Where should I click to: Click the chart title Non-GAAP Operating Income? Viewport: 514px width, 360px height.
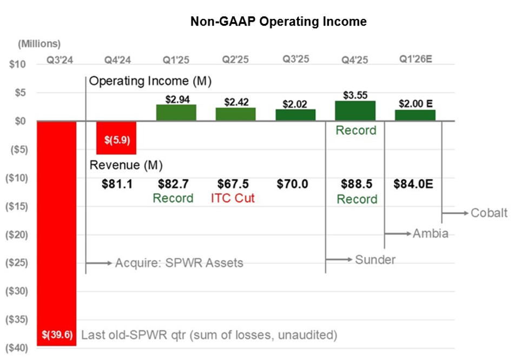click(x=278, y=22)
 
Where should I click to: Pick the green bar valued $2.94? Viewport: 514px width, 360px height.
click(x=176, y=113)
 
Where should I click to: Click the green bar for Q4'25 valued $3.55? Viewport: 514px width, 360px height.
click(x=355, y=111)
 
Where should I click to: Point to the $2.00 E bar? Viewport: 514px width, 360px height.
click(x=415, y=115)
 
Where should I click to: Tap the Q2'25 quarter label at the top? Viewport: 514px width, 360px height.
click(x=235, y=60)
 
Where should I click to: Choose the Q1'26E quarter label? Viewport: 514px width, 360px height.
click(x=415, y=60)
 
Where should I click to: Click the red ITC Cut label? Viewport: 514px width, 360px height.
click(x=233, y=198)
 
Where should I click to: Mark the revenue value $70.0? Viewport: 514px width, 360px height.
click(x=293, y=184)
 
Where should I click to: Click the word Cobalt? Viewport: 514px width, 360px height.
click(x=489, y=213)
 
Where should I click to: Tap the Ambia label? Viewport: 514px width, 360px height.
click(x=430, y=233)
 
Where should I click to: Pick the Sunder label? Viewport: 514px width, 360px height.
click(x=375, y=260)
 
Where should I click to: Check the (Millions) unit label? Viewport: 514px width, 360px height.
click(x=39, y=44)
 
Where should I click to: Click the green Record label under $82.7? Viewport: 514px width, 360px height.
click(x=173, y=198)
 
